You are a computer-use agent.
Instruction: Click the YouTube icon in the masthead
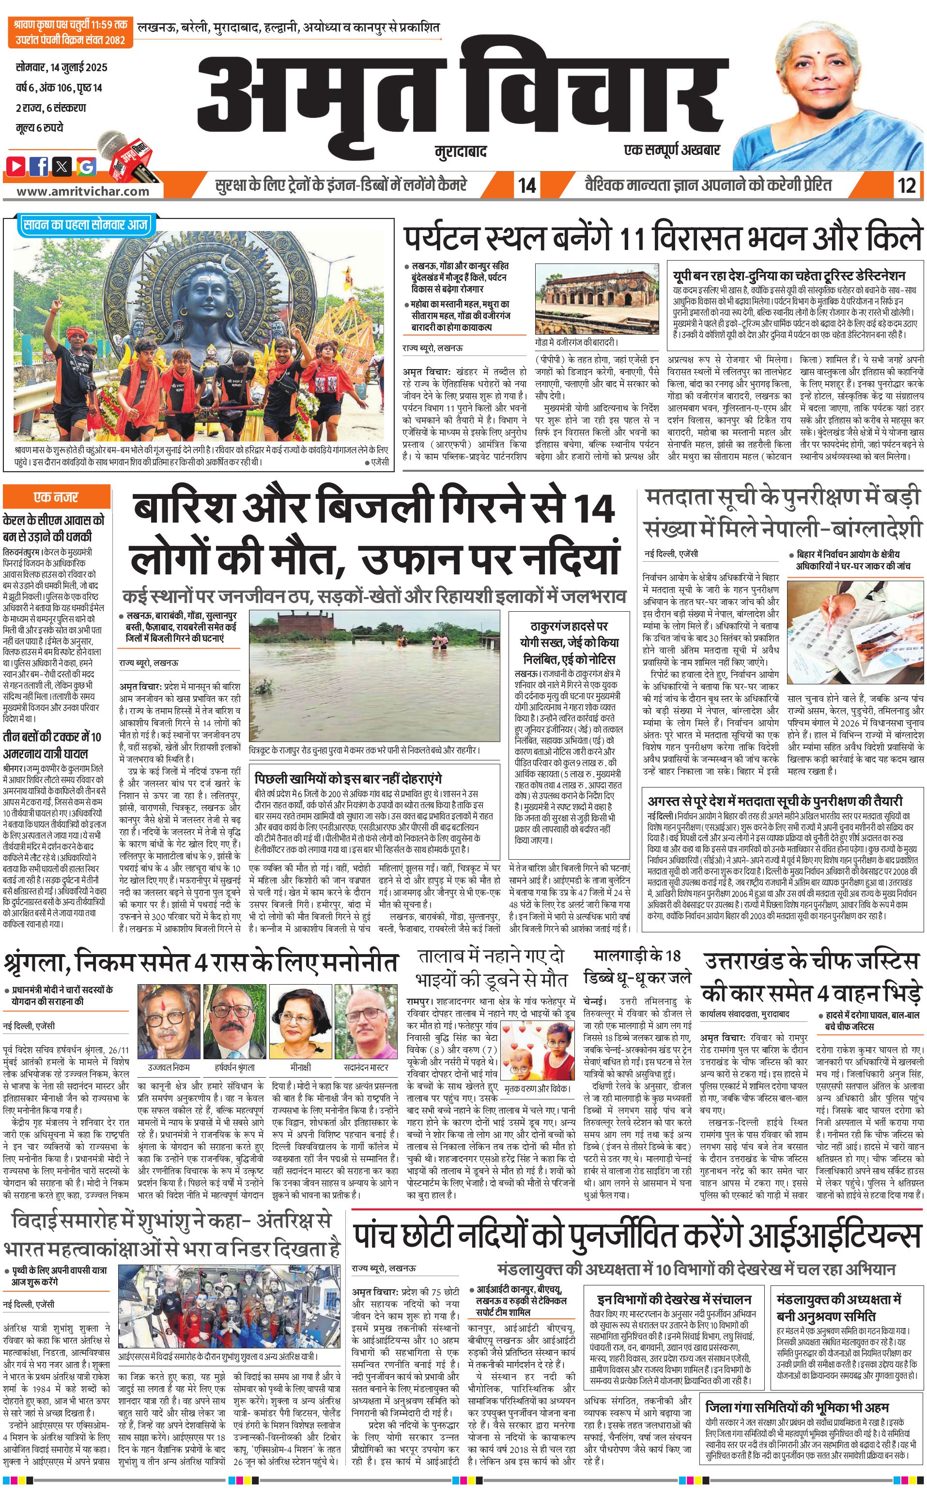click(16, 166)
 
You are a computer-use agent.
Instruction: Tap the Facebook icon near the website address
click(39, 166)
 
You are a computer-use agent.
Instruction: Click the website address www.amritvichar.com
click(83, 191)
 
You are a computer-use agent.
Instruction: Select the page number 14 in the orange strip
click(526, 185)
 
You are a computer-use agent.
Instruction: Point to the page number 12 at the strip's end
click(906, 185)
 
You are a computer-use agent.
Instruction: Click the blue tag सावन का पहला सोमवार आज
click(85, 225)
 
